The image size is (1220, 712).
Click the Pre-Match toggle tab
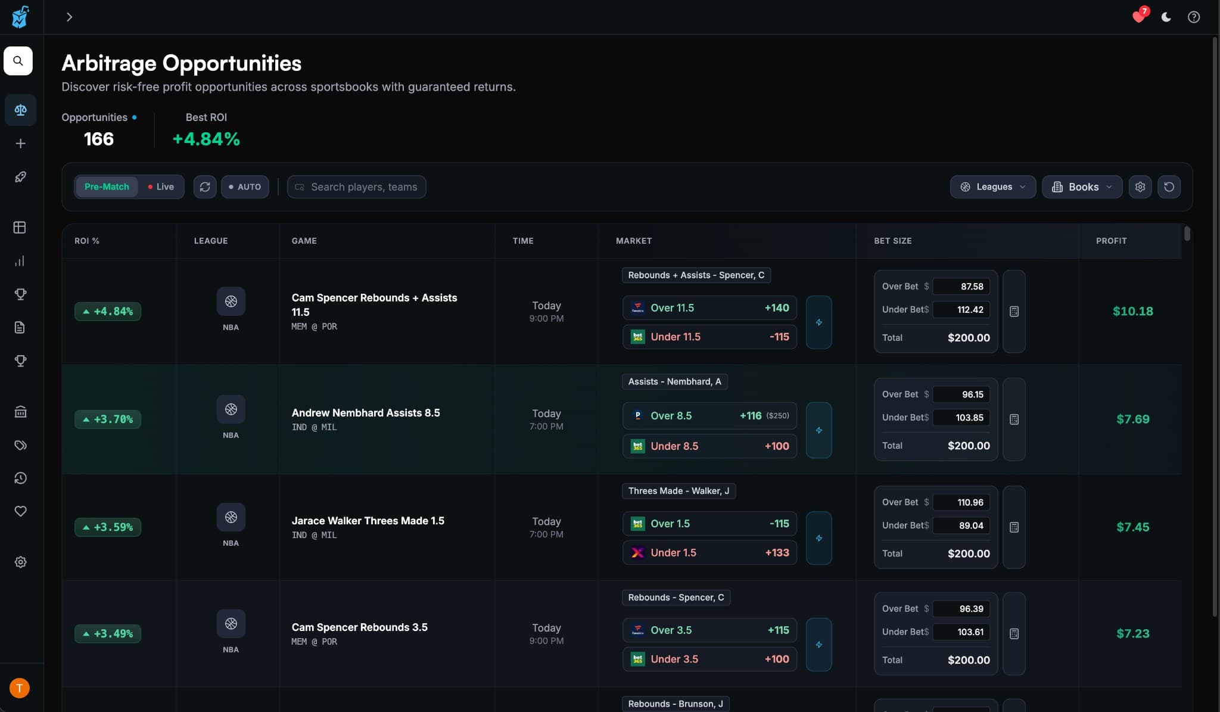click(x=107, y=186)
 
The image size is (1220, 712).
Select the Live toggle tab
click(x=161, y=186)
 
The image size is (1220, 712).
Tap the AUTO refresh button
click(x=245, y=186)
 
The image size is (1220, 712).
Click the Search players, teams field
click(x=363, y=186)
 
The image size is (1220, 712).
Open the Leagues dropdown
click(x=993, y=186)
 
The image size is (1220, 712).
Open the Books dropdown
click(x=1082, y=186)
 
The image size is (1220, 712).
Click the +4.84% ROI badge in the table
click(x=108, y=311)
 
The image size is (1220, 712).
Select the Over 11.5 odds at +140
click(x=709, y=308)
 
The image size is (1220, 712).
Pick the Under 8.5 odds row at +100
click(x=709, y=446)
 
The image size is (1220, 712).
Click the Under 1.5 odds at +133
click(x=709, y=553)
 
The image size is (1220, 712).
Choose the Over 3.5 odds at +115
click(x=709, y=630)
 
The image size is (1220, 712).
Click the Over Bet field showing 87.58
click(x=961, y=287)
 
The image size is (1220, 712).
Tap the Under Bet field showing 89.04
click(x=961, y=526)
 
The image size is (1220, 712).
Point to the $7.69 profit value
click(x=1132, y=419)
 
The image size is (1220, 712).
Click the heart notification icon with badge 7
click(x=1139, y=17)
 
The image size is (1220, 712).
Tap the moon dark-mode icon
click(x=1166, y=17)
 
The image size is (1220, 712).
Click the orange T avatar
click(x=20, y=688)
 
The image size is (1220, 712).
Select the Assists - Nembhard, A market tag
click(x=674, y=382)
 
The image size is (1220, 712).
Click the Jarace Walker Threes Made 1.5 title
click(x=368, y=521)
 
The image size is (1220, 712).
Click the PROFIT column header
click(x=1111, y=241)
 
